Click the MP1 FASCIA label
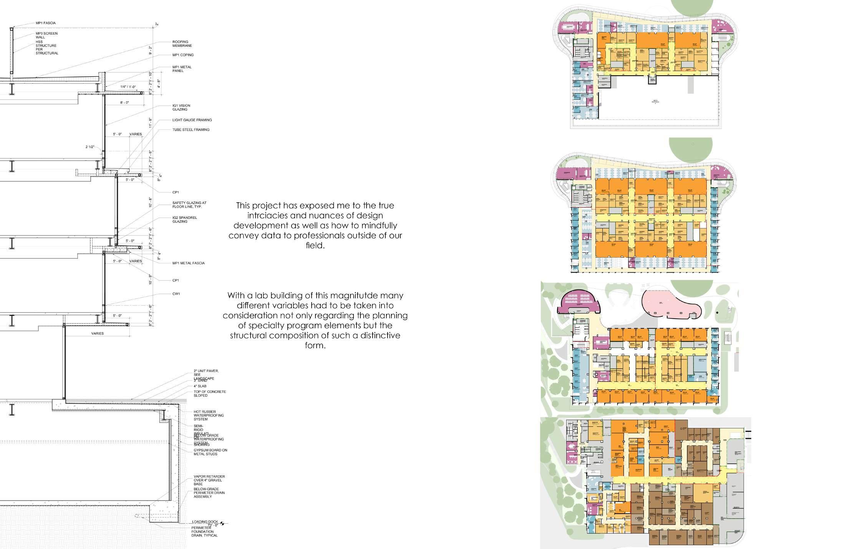[45, 23]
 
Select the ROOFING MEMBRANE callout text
[182, 44]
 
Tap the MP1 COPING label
[183, 55]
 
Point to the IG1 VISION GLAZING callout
[181, 107]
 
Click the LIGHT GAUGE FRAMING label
[192, 120]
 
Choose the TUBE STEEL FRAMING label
[191, 130]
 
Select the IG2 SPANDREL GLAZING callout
[184, 220]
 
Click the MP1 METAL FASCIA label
[188, 263]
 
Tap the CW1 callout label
[176, 294]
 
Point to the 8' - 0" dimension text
[124, 103]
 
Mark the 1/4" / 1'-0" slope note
[128, 87]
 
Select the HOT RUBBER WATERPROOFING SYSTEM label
[208, 415]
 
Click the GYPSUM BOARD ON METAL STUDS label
[210, 452]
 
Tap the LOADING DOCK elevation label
[205, 522]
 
